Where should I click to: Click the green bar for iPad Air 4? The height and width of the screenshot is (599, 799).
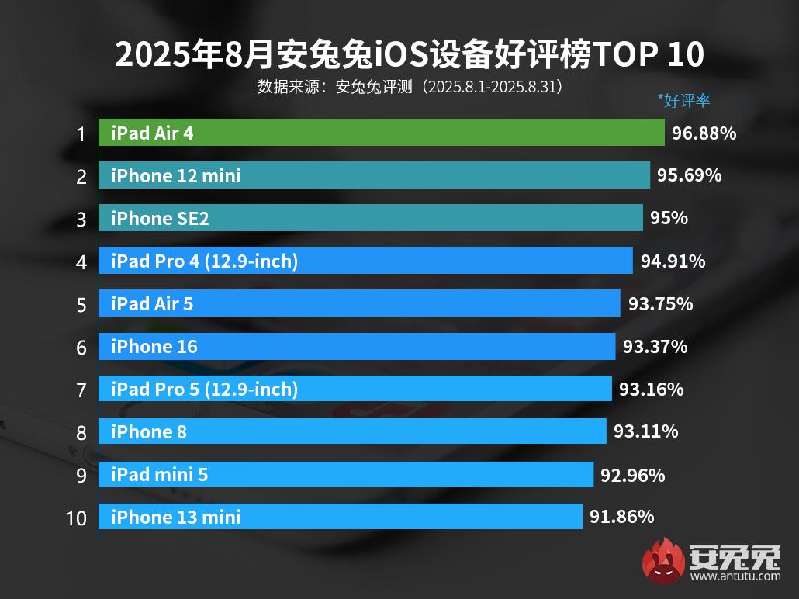pyautogui.click(x=381, y=133)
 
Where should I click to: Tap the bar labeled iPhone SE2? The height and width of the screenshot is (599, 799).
pyautogui.click(x=371, y=218)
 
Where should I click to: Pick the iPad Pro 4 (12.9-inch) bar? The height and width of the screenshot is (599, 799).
pyautogui.click(x=365, y=261)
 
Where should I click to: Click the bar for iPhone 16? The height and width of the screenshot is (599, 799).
pyautogui.click(x=357, y=346)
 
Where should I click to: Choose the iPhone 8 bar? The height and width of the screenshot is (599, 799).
pyautogui.click(x=352, y=431)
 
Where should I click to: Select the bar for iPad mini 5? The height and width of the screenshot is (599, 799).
pyautogui.click(x=346, y=474)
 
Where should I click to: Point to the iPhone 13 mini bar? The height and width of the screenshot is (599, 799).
pyautogui.click(x=340, y=517)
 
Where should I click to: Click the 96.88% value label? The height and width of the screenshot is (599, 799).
pyautogui.click(x=704, y=133)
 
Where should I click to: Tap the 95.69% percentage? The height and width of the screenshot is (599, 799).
pyautogui.click(x=690, y=175)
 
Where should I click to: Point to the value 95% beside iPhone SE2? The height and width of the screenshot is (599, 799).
pyautogui.click(x=669, y=218)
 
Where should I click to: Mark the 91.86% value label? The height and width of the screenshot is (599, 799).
pyautogui.click(x=621, y=517)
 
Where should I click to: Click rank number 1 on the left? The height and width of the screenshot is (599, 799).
pyautogui.click(x=81, y=134)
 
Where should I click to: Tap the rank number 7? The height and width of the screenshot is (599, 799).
pyautogui.click(x=81, y=390)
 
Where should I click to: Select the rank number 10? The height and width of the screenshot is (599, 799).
pyautogui.click(x=77, y=518)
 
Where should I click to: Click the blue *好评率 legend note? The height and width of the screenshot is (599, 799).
pyautogui.click(x=684, y=100)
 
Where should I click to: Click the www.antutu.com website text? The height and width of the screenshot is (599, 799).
pyautogui.click(x=735, y=576)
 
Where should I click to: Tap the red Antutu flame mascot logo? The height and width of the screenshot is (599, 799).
pyautogui.click(x=664, y=560)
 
